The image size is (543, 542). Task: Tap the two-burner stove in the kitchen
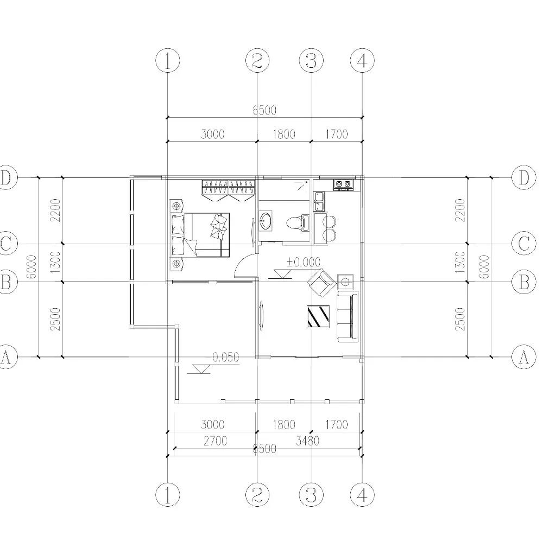pos(342,184)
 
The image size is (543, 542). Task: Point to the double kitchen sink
pos(319,201)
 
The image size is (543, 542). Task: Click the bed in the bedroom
pos(204,234)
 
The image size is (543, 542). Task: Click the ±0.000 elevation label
pos(303,262)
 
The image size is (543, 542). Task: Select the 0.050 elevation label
pos(226,357)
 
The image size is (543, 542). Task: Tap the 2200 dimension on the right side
pos(460,210)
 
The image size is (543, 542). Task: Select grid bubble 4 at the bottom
pos(362,495)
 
